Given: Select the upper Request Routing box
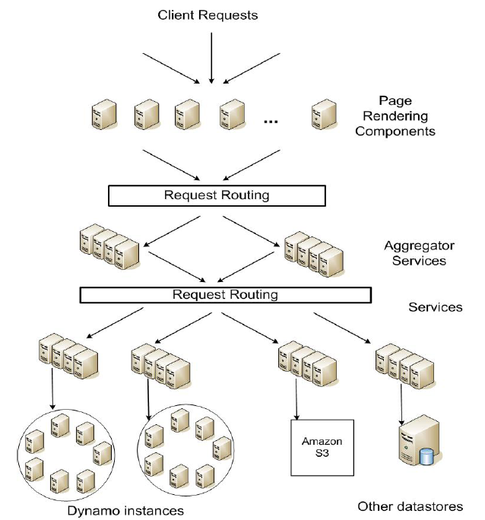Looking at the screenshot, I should [x=217, y=195].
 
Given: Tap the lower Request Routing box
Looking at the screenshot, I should [x=225, y=294].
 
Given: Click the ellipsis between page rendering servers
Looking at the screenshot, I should [x=272, y=119].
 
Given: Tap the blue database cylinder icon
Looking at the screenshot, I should [x=426, y=456].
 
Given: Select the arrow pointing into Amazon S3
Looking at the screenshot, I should [x=294, y=399].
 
